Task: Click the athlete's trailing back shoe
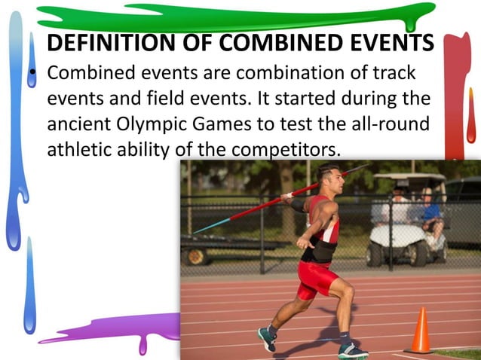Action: point(266,337)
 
